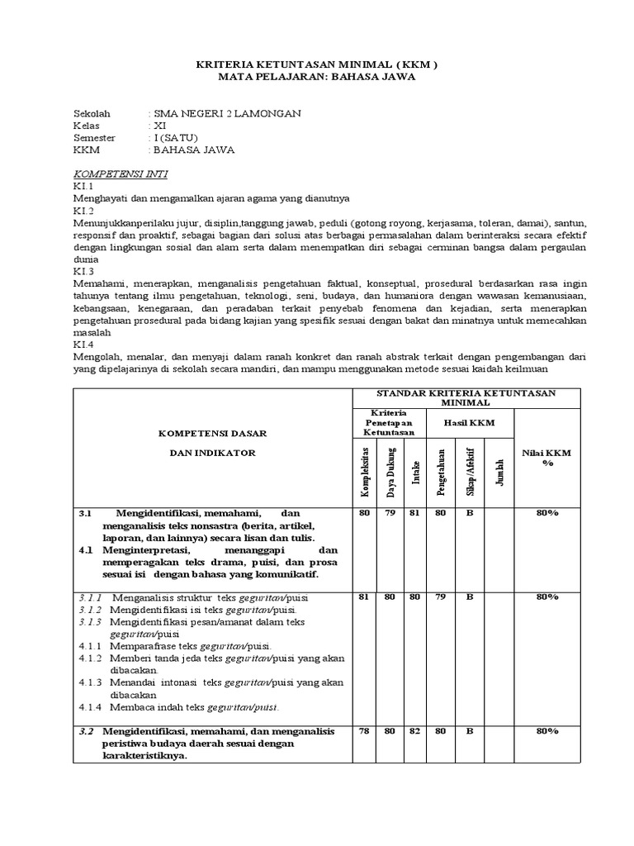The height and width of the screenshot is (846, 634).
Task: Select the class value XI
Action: coord(159,126)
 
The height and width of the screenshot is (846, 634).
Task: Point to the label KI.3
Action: coord(84,270)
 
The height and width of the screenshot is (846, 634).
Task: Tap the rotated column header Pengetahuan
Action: coord(442,472)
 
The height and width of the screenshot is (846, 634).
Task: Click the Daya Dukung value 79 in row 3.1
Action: coord(390,513)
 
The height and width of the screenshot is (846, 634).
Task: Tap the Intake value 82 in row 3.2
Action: coord(416,731)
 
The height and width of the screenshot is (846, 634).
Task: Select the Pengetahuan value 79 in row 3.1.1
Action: coord(442,596)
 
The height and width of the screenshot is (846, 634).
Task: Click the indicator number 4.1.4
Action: coord(90,707)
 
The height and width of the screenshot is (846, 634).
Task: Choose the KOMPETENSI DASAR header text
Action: coord(213,434)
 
